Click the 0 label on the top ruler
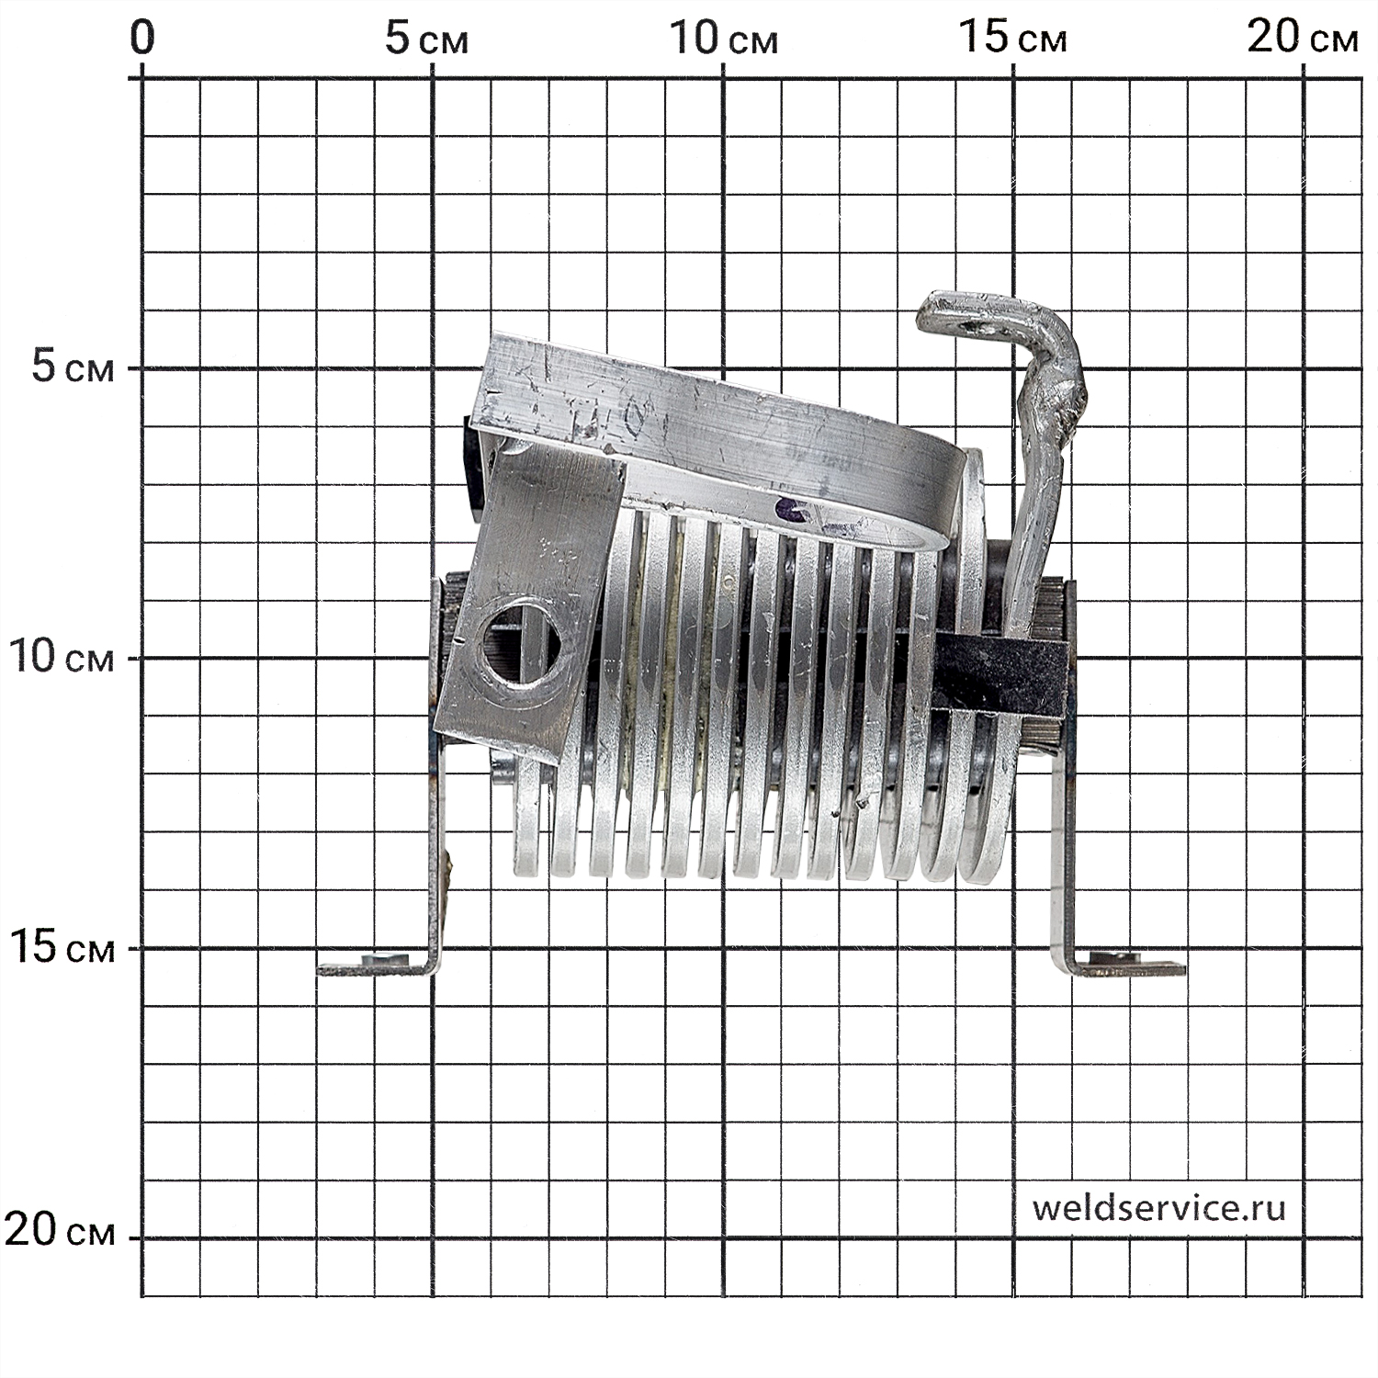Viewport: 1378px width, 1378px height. [141, 40]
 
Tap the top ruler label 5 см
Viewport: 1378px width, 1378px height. [426, 40]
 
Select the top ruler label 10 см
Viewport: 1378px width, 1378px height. [723, 40]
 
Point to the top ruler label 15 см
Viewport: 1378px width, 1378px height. [1012, 40]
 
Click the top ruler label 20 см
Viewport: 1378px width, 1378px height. [1303, 40]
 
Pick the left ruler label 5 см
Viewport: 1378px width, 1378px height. [73, 367]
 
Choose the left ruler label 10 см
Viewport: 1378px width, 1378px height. [62, 657]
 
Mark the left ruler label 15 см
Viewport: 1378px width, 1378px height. [62, 947]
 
